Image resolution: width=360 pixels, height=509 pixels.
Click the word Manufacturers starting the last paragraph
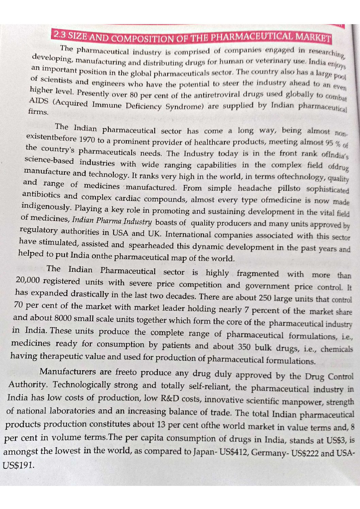point(68,371)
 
